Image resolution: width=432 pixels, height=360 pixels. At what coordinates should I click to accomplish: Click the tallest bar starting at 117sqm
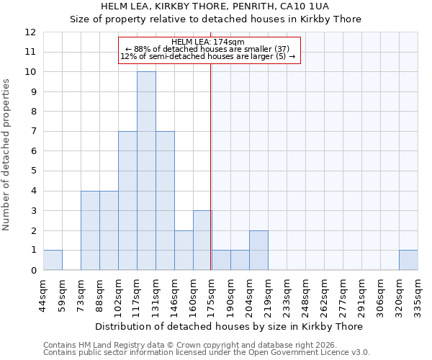[146, 171]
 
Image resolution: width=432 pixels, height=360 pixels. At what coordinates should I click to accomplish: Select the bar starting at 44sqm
[53, 260]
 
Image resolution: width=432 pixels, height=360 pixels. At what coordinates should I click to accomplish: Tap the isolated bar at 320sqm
[408, 260]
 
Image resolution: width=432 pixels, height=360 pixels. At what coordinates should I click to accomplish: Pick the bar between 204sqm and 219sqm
[258, 250]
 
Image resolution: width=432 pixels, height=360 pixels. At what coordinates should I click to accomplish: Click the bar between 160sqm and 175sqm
[202, 240]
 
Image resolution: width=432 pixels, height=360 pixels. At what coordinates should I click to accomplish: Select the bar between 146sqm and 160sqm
[184, 250]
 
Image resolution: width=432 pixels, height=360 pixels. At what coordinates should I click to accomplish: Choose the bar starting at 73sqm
[90, 230]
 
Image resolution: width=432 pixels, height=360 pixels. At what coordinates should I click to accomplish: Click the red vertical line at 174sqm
[211, 180]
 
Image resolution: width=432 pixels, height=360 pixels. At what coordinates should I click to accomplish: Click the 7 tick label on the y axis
[33, 131]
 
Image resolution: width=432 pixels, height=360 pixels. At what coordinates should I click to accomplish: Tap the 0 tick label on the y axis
[33, 270]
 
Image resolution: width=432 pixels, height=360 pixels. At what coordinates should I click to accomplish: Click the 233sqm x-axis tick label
[287, 296]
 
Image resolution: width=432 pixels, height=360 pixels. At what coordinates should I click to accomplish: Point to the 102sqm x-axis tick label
[118, 296]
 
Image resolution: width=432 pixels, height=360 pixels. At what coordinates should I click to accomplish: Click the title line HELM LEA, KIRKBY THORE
[215, 6]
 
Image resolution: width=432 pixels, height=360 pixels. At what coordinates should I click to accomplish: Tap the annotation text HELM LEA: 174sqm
[209, 42]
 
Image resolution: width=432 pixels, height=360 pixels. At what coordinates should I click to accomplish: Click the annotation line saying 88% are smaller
[209, 49]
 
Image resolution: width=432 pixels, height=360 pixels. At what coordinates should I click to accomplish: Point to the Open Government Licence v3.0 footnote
[207, 353]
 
